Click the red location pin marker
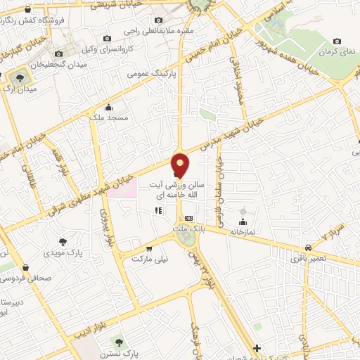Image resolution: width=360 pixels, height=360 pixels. click(x=181, y=165)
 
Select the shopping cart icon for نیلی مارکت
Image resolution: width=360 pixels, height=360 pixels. click(x=148, y=248)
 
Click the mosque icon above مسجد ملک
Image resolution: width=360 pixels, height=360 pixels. click(x=108, y=108)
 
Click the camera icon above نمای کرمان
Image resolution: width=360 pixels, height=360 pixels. click(x=337, y=41)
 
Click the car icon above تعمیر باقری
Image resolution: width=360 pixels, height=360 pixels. click(x=308, y=247)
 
